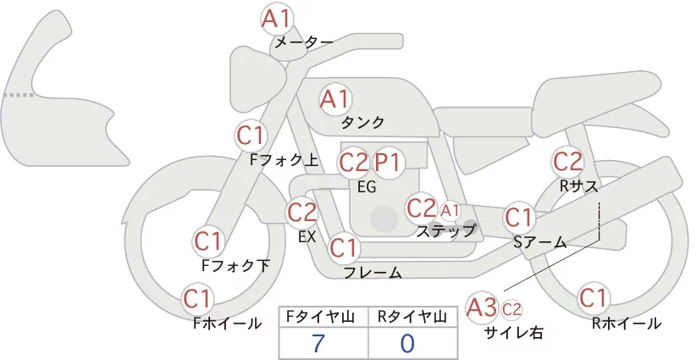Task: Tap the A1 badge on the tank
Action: (x=334, y=99)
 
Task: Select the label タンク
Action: (x=362, y=122)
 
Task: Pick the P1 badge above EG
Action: (x=389, y=162)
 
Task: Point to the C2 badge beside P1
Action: (x=354, y=162)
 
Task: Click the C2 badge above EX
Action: (x=302, y=213)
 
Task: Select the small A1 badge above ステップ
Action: (x=449, y=209)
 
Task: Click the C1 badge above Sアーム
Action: (x=519, y=218)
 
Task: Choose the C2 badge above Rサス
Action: (x=566, y=161)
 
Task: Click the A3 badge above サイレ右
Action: (x=483, y=307)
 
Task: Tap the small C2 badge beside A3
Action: (x=511, y=308)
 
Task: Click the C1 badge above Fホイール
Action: (x=198, y=299)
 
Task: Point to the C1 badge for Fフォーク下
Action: (x=208, y=241)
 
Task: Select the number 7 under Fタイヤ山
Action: (x=318, y=343)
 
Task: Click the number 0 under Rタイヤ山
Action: (x=408, y=343)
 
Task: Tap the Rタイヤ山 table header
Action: (x=412, y=317)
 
